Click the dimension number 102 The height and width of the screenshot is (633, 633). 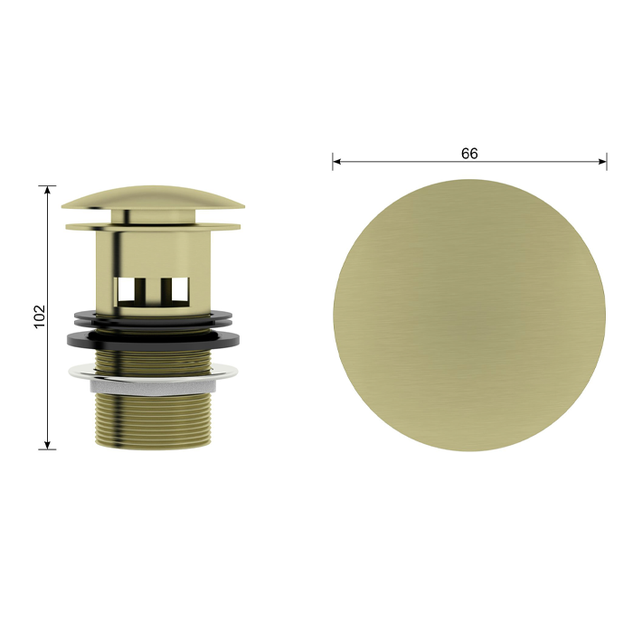(39, 316)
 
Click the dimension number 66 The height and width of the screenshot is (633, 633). (469, 154)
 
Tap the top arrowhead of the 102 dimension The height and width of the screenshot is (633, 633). (48, 190)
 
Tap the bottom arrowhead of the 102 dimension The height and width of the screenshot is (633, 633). (48, 445)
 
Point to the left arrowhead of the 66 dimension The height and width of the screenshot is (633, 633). (336, 162)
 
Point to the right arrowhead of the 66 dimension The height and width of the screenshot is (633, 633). (602, 162)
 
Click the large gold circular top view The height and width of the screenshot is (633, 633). (469, 315)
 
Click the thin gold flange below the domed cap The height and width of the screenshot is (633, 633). (153, 226)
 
